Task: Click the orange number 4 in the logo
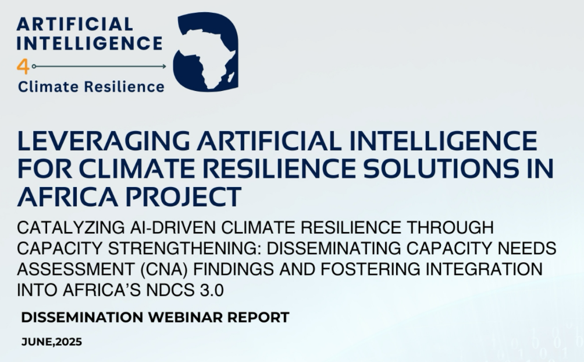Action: pyautogui.click(x=23, y=67)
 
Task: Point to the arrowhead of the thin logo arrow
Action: pyautogui.click(x=164, y=66)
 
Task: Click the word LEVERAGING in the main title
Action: pyautogui.click(x=103, y=141)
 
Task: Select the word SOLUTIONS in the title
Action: pyautogui.click(x=440, y=168)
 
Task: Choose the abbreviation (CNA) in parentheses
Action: pyautogui.click(x=164, y=269)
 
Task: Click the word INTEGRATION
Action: pyautogui.click(x=484, y=269)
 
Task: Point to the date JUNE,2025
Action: pyautogui.click(x=52, y=342)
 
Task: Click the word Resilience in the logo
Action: pyautogui.click(x=124, y=87)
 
